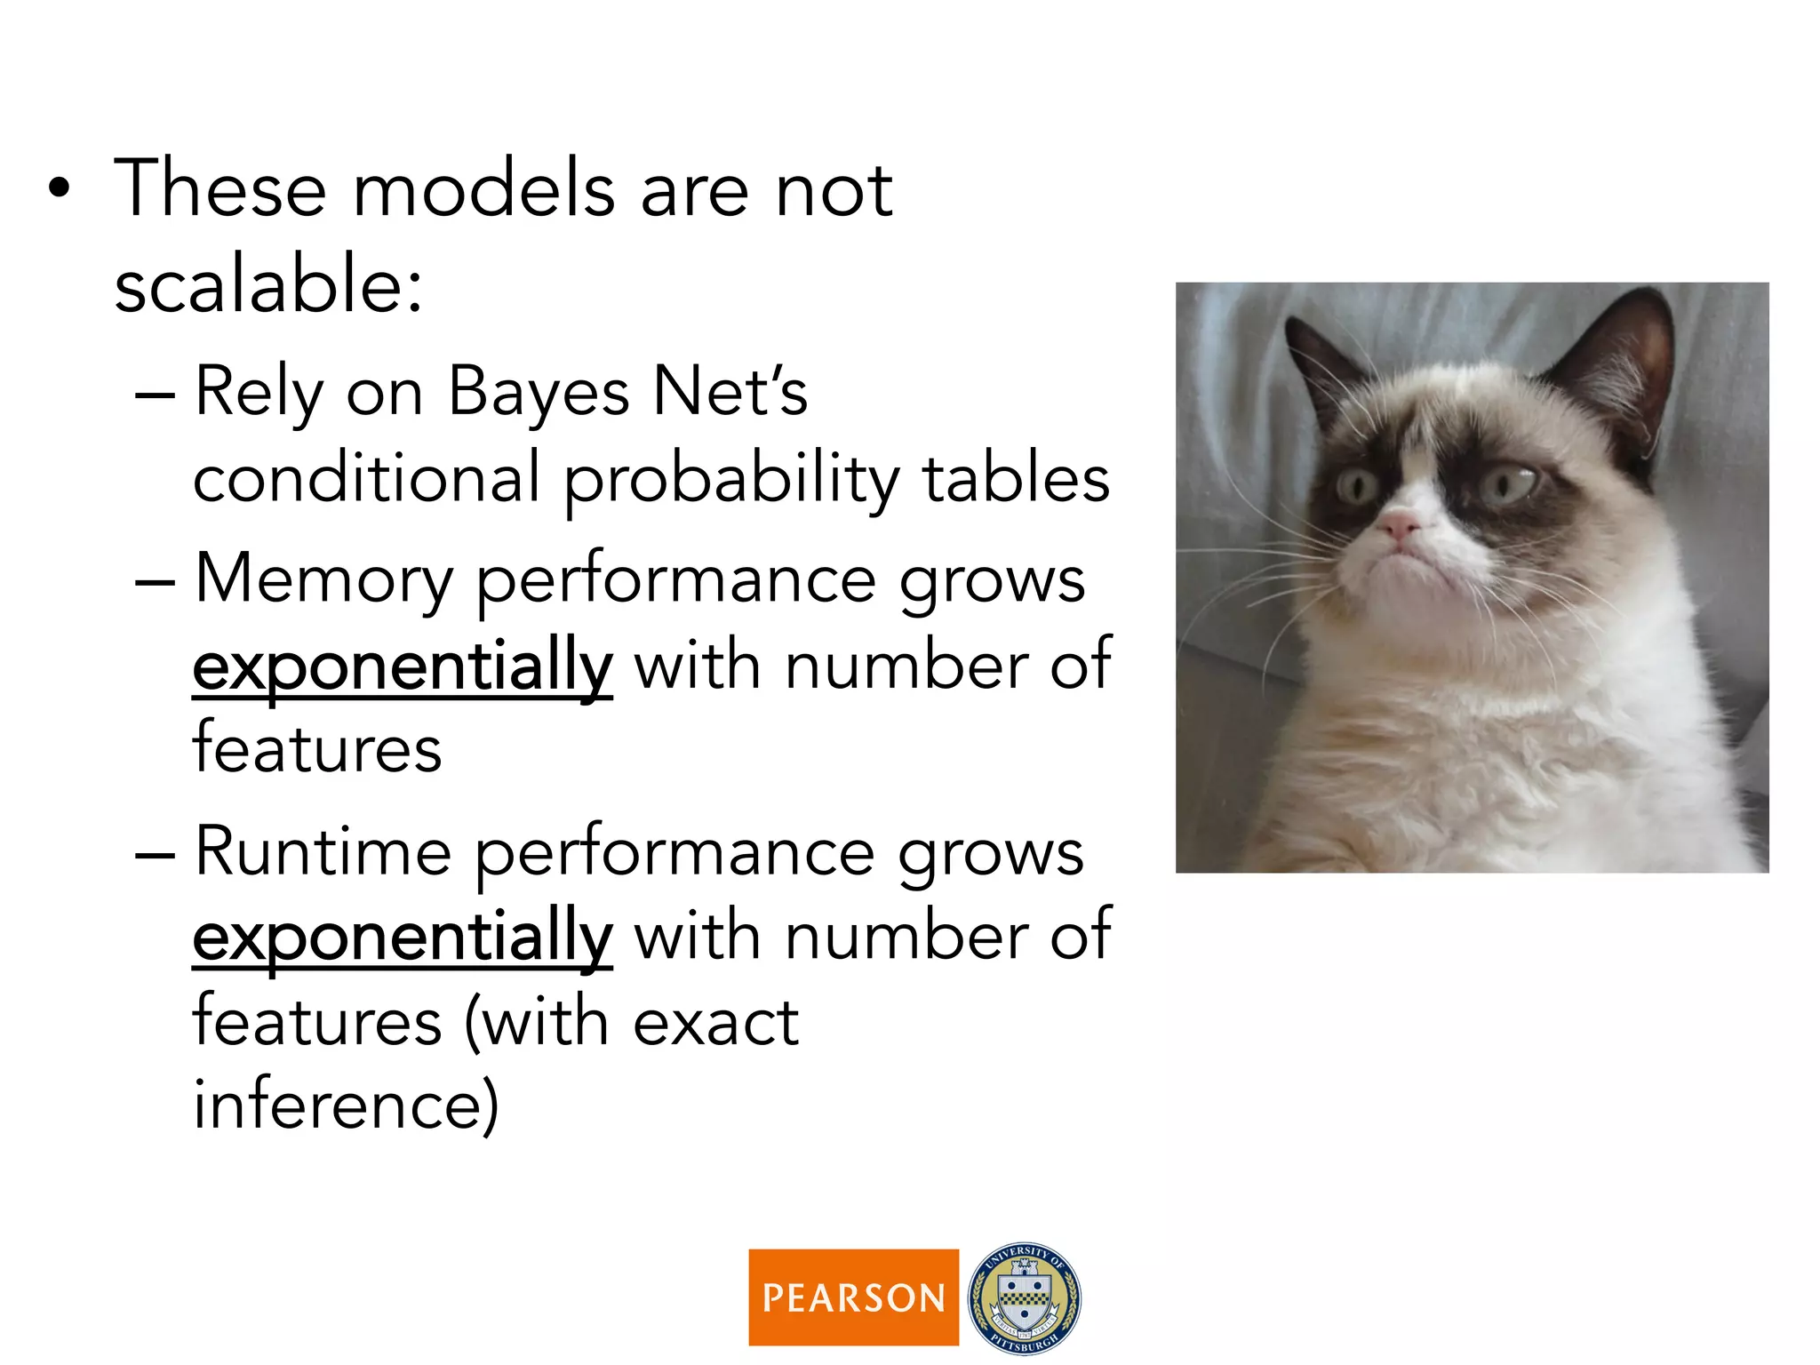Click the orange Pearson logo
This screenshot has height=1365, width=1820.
(x=853, y=1297)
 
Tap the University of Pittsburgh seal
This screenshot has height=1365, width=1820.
(x=1024, y=1297)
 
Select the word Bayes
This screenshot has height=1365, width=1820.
(x=539, y=393)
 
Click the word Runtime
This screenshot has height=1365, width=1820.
(x=323, y=852)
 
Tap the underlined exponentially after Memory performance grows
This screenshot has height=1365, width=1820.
(x=402, y=667)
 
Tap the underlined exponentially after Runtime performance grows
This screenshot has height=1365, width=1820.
(x=402, y=938)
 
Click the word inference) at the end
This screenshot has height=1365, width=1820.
(x=346, y=1105)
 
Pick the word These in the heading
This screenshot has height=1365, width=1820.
(x=220, y=188)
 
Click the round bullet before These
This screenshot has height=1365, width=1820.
(x=59, y=188)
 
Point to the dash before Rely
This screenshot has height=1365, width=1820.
(x=155, y=393)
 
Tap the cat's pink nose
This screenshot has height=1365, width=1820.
(x=1397, y=524)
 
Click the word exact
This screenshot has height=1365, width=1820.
(x=715, y=1023)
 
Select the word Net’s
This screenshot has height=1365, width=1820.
(x=730, y=393)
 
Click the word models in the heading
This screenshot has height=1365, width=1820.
(x=483, y=188)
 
